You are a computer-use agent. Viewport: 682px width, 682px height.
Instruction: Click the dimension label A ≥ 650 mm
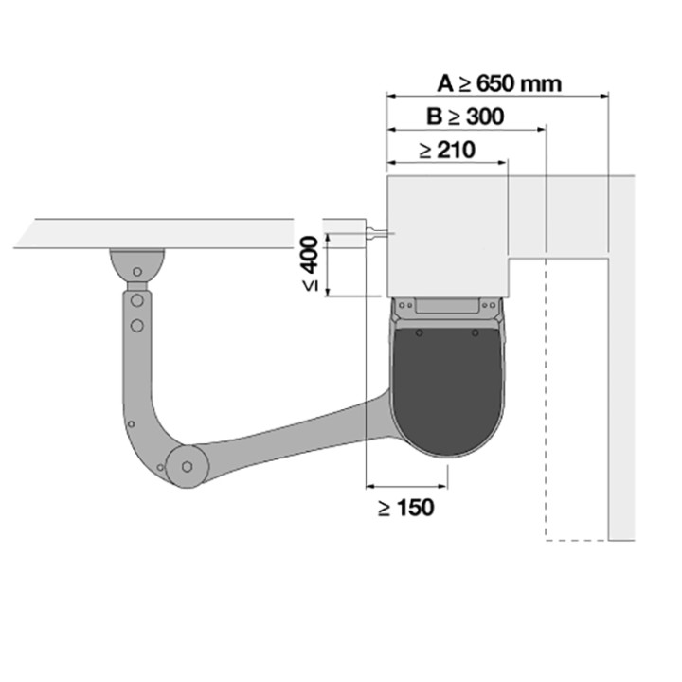(498, 83)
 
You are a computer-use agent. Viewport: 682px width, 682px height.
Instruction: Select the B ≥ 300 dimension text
(464, 117)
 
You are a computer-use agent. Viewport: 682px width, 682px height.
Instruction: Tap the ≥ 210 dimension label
(446, 150)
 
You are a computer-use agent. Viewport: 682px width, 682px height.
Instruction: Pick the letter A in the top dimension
(446, 83)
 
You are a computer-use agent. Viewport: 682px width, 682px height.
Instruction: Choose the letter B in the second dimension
(434, 117)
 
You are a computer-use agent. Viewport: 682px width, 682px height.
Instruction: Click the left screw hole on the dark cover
(419, 335)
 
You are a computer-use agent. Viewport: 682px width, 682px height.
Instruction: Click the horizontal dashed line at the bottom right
(576, 540)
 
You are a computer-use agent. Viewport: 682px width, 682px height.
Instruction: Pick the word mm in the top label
(543, 83)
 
